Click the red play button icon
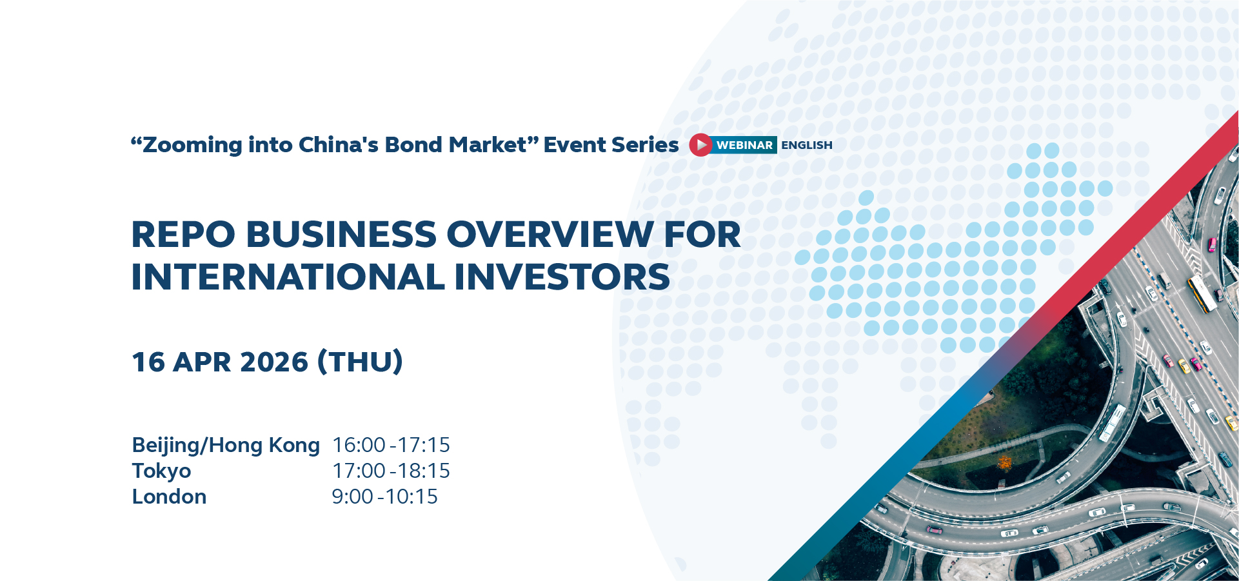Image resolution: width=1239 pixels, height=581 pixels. tap(700, 145)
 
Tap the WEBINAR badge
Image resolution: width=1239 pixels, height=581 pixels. tap(744, 145)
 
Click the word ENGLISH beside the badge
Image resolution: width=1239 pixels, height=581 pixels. tap(807, 145)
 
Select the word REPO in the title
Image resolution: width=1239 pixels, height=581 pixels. tap(184, 234)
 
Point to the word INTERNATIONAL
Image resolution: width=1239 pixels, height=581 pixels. tap(288, 277)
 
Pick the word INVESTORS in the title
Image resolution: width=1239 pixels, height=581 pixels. tap(562, 277)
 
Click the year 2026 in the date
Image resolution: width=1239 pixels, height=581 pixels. tap(274, 362)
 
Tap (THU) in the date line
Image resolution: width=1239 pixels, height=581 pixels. tap(360, 362)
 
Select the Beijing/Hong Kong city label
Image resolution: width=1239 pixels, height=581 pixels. tap(226, 446)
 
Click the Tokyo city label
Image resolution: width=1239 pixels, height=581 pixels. tap(161, 471)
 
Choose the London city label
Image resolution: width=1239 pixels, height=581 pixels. tap(169, 497)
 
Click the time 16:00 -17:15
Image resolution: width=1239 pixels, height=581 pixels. tap(391, 445)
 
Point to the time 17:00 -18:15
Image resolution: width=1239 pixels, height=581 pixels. tap(391, 471)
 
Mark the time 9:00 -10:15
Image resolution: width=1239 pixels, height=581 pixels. tap(384, 497)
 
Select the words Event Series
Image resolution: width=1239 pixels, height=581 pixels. tap(611, 145)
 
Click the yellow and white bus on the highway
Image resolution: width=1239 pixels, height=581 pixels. tap(1202, 293)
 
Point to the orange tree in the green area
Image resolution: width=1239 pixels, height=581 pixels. tap(1004, 462)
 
